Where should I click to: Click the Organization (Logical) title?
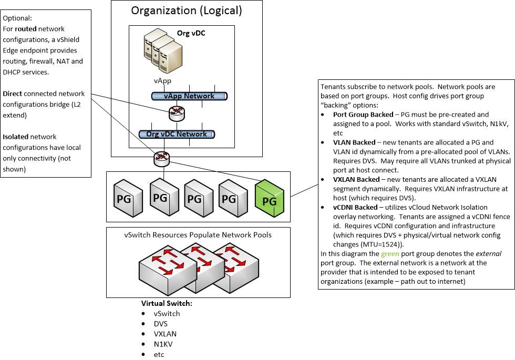(x=187, y=10)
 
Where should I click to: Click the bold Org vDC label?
(x=191, y=33)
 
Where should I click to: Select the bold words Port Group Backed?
(x=363, y=115)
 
